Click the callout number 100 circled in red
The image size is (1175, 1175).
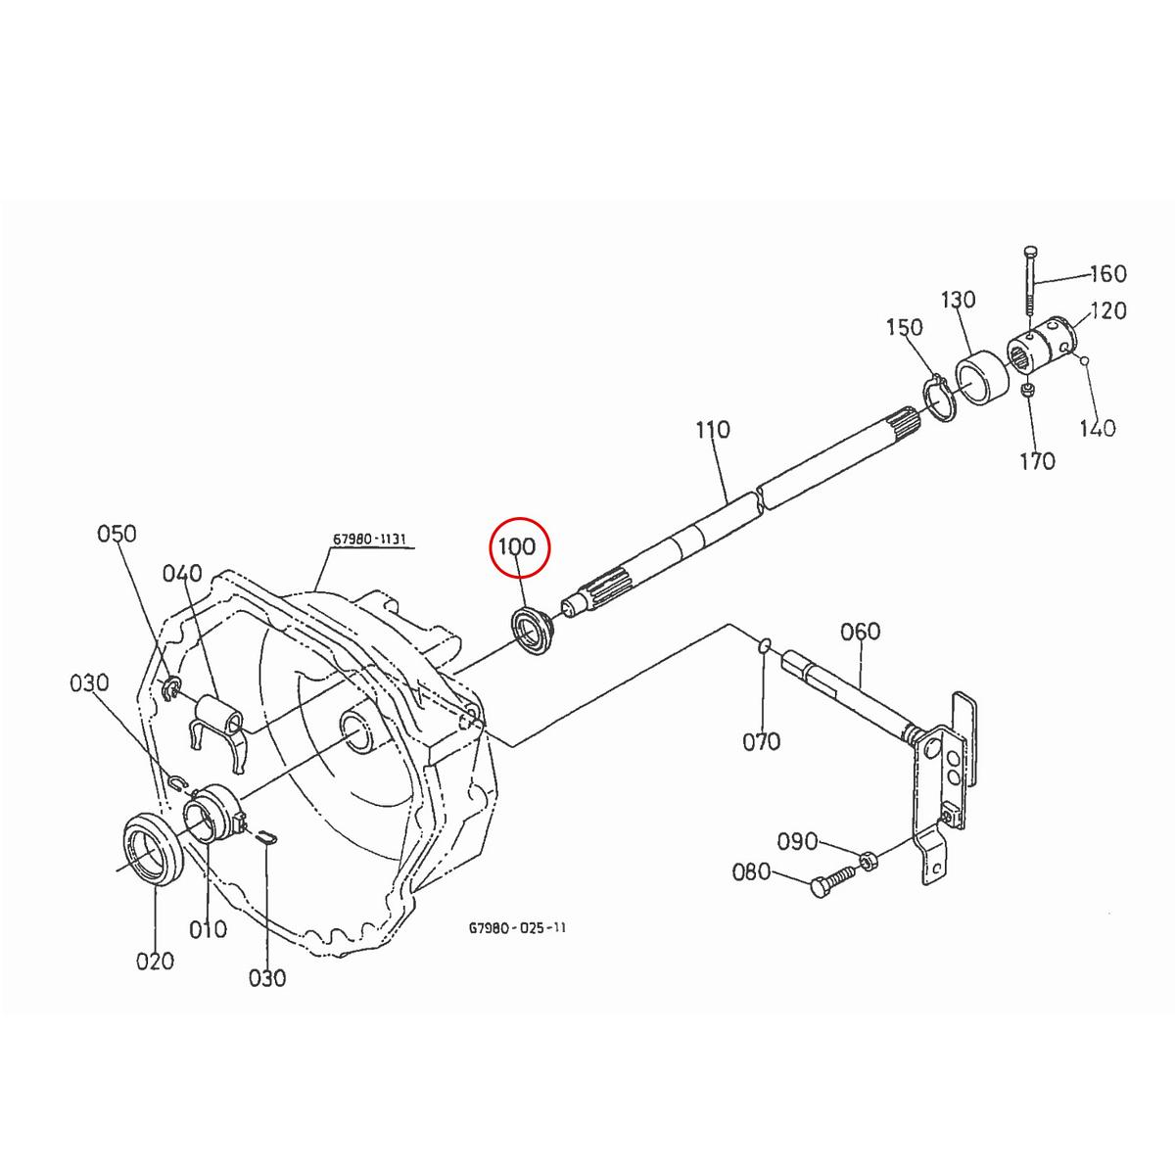pyautogui.click(x=519, y=546)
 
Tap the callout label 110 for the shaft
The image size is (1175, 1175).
pyautogui.click(x=713, y=430)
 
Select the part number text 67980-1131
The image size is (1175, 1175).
pyautogui.click(x=369, y=540)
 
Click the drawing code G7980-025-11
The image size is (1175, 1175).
pyautogui.click(x=517, y=926)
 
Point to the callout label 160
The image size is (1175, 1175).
pyautogui.click(x=1107, y=274)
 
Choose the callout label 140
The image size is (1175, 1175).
pyautogui.click(x=1097, y=428)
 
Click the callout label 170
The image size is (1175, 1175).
pyautogui.click(x=1036, y=460)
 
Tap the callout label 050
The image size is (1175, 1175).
pyautogui.click(x=117, y=535)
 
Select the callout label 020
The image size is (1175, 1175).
pyautogui.click(x=155, y=961)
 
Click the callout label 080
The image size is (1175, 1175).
pyautogui.click(x=752, y=872)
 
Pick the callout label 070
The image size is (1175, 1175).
pyautogui.click(x=762, y=741)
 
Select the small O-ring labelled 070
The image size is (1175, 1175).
pyautogui.click(x=766, y=645)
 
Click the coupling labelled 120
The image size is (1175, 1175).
pyautogui.click(x=1042, y=348)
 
